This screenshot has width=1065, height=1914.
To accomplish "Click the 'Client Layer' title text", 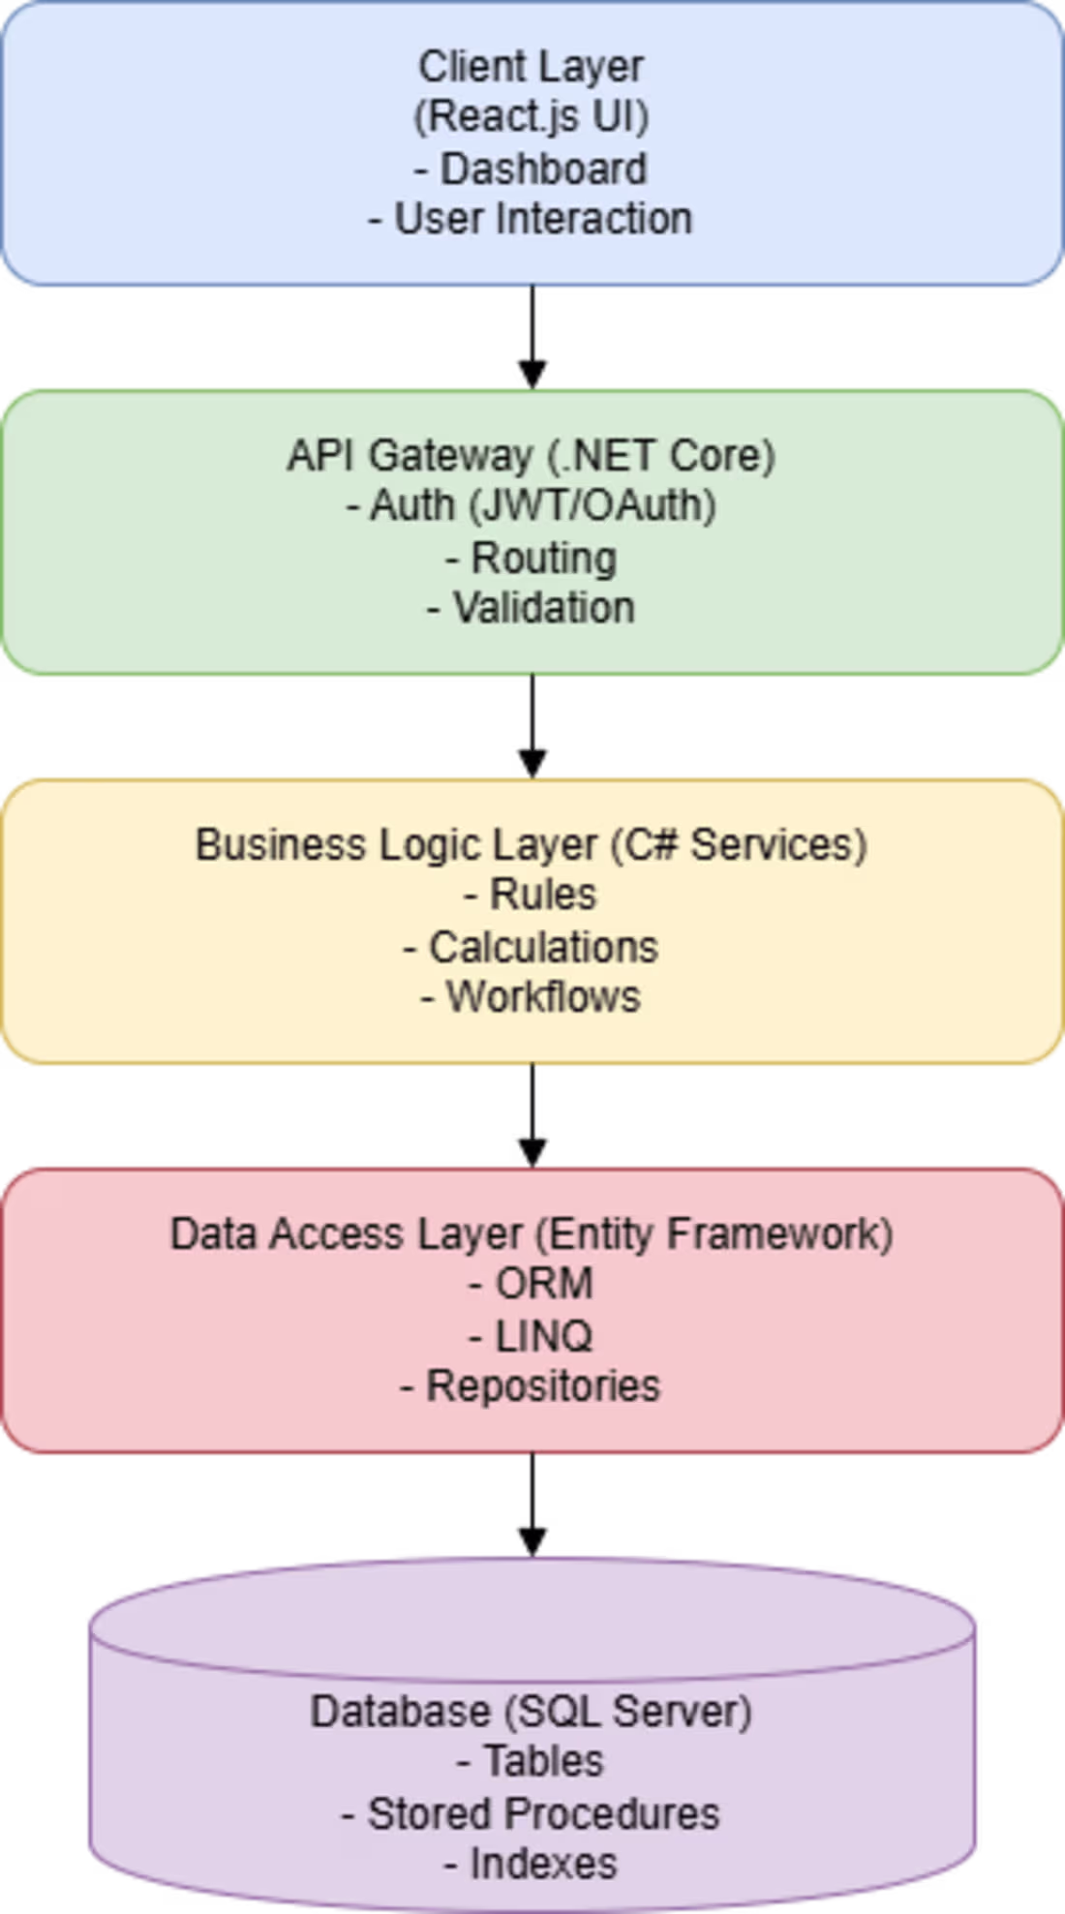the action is (531, 68).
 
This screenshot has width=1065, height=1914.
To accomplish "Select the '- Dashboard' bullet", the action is (531, 168).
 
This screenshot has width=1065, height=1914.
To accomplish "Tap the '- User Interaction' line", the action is (531, 219).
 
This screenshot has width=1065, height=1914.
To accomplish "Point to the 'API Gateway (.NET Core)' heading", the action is (532, 456).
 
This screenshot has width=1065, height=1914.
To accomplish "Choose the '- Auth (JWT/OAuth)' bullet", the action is (532, 505).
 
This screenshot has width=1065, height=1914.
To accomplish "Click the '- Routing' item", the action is (532, 559).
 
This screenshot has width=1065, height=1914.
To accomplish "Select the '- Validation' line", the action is (532, 608).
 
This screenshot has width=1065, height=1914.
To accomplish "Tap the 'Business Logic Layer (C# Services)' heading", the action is (532, 845).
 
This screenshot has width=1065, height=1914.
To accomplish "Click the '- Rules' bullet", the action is (531, 895).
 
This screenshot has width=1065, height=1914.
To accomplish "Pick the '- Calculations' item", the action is (531, 947).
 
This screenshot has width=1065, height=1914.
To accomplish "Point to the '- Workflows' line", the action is (531, 997).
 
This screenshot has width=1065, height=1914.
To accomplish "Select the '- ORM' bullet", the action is (531, 1284).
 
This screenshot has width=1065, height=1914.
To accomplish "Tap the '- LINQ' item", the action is (531, 1337).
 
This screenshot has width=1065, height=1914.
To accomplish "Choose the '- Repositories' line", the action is (531, 1386).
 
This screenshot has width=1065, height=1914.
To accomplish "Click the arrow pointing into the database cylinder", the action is (532, 1505).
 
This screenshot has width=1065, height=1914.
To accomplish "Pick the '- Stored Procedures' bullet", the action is (531, 1814).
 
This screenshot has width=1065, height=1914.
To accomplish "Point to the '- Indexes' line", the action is (531, 1864).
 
